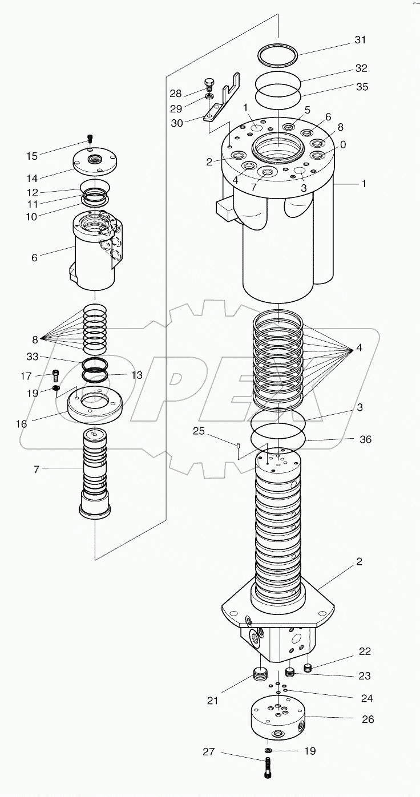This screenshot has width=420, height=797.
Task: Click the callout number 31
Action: (x=360, y=40)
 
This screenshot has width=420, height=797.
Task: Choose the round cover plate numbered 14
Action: (x=95, y=162)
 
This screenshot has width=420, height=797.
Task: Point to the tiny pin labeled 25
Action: (x=239, y=445)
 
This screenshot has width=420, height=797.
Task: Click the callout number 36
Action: (x=365, y=439)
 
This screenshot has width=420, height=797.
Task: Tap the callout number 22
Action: (x=365, y=652)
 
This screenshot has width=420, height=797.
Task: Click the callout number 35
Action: (x=361, y=87)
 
